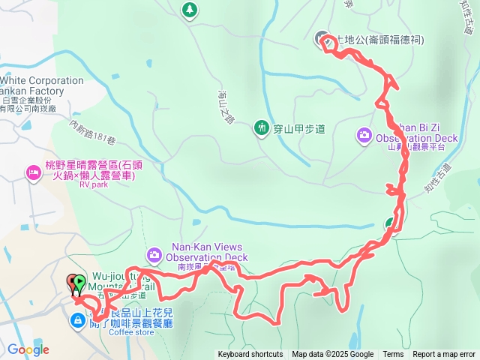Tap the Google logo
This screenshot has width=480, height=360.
[28, 349]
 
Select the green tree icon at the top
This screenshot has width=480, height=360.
[189, 10]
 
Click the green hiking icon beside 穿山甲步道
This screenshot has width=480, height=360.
[261, 128]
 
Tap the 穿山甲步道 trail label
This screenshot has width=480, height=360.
[299, 129]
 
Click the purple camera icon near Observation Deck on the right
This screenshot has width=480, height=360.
[364, 135]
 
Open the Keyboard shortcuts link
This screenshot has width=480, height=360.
[250, 355]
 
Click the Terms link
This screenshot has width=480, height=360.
[393, 355]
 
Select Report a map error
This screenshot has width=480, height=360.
[444, 355]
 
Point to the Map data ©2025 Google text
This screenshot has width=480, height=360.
[332, 355]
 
